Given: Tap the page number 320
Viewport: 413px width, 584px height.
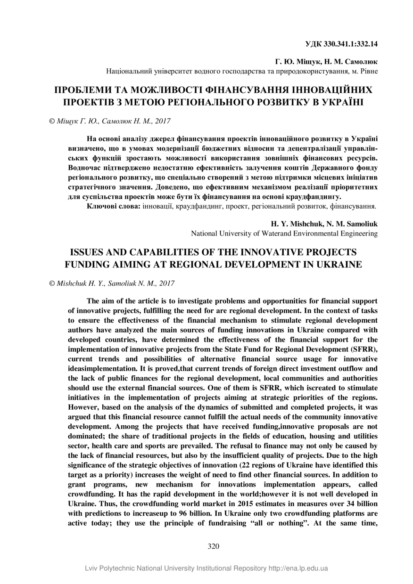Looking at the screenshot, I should tap(214, 546).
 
